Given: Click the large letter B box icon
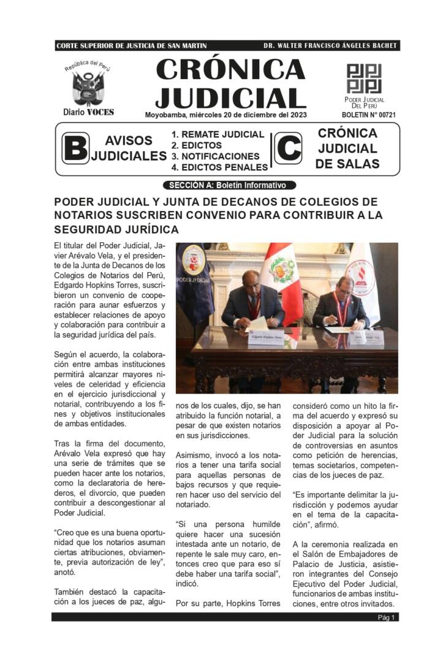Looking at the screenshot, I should (x=75, y=148).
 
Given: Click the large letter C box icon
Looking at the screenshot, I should (x=287, y=148).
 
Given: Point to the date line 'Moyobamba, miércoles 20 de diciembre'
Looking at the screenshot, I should (x=226, y=115).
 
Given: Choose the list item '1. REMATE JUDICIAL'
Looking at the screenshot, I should (x=218, y=134).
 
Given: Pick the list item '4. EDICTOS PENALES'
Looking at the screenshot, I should (x=219, y=167).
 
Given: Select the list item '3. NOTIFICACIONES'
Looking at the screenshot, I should (x=216, y=156).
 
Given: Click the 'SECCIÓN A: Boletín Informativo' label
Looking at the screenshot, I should (x=229, y=185).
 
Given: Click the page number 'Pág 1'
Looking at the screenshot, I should (x=387, y=617).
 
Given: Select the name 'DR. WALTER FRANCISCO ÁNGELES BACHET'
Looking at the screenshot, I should (x=330, y=46).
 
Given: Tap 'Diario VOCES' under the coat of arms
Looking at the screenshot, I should (x=88, y=112).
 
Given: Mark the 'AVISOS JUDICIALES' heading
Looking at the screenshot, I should (x=129, y=148).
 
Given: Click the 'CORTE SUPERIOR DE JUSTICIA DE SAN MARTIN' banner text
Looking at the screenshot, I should (x=131, y=46).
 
